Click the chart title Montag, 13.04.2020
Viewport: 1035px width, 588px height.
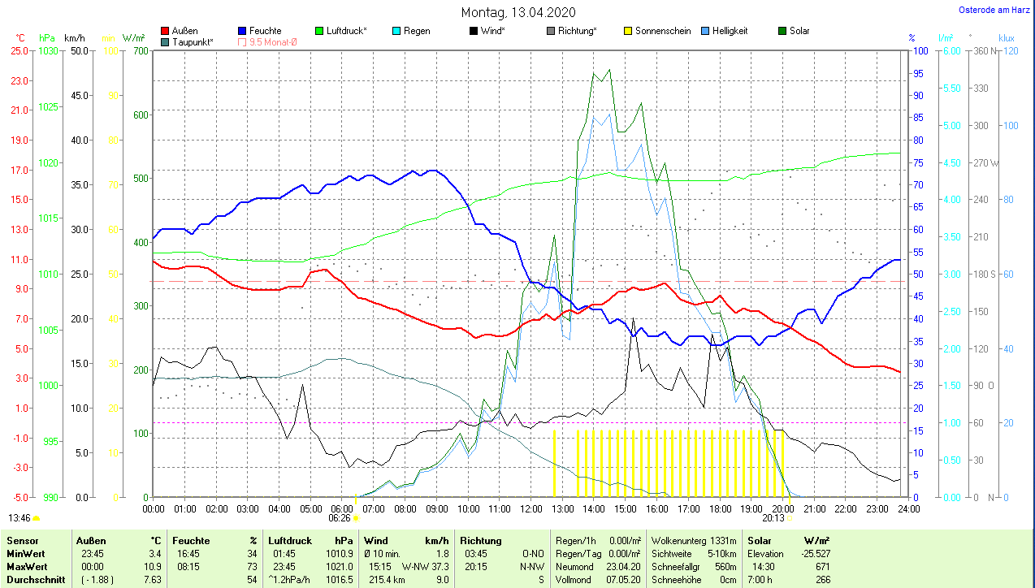(x=518, y=12)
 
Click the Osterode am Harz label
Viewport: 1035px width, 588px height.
(x=995, y=10)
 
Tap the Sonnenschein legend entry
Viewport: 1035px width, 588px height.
(x=662, y=31)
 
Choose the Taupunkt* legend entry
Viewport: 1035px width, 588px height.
(x=192, y=41)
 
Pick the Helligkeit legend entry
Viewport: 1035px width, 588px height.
(x=730, y=31)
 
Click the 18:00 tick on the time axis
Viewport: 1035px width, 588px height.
(x=720, y=508)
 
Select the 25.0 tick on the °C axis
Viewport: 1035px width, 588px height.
(x=19, y=50)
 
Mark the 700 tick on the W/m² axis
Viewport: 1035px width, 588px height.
(x=141, y=50)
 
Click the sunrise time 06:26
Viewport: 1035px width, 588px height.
(x=340, y=517)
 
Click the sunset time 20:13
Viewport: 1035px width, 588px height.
(x=773, y=517)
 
